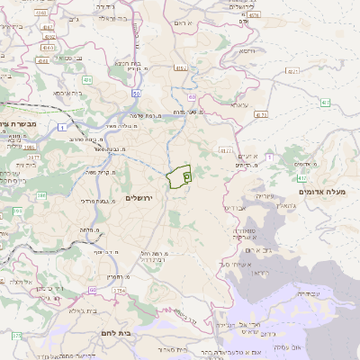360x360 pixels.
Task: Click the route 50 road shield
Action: coord(136,93)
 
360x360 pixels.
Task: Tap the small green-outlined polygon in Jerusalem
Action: coord(180,175)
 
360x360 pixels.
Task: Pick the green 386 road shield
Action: coord(17,210)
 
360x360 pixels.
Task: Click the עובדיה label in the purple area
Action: coord(308,292)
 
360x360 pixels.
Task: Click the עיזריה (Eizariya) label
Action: coord(265,195)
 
